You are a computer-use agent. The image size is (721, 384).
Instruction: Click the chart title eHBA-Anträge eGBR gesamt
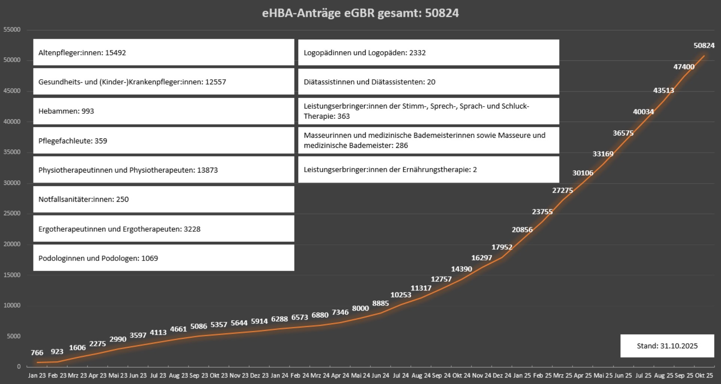pos(360,13)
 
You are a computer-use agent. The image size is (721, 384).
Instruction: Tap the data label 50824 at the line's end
pos(704,45)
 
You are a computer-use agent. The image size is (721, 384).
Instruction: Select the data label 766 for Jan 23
pos(37,353)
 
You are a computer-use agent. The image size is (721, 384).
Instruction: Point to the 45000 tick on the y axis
pos(12,91)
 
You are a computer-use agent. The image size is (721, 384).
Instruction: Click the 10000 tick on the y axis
pos(12,305)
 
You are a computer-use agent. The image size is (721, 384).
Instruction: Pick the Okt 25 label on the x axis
pos(704,375)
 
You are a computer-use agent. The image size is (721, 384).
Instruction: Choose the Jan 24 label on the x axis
pos(280,375)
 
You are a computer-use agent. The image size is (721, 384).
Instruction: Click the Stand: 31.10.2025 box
pos(667,346)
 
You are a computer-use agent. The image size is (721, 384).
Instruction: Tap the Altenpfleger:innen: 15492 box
pos(164,52)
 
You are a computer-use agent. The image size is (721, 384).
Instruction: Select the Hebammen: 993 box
pos(164,111)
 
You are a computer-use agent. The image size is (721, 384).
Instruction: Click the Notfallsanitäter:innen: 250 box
pos(164,199)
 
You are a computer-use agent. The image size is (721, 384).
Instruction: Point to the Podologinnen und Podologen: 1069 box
pos(164,258)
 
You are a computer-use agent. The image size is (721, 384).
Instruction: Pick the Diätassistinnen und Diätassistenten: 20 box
pos(428,82)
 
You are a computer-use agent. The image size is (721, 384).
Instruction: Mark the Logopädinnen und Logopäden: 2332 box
pos(428,52)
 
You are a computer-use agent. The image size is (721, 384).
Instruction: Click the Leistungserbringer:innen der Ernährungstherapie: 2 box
pos(428,170)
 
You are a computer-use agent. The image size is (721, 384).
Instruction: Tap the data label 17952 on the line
pos(502,247)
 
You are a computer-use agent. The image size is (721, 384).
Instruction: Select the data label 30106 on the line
pos(583,173)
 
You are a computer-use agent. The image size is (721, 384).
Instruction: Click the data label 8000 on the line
pos(360,308)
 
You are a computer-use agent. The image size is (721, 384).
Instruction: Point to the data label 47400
pos(684,67)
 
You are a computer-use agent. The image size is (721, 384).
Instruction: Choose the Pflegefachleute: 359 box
pos(164,141)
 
